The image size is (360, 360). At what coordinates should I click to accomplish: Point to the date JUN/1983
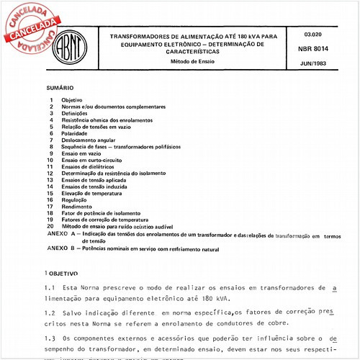315,64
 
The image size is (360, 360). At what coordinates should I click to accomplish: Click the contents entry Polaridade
76,133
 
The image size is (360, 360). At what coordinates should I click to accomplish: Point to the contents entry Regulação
75,200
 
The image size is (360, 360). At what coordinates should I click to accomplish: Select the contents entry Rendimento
76,207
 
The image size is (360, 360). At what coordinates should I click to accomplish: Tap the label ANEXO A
62,235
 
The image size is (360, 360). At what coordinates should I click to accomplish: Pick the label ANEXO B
62,248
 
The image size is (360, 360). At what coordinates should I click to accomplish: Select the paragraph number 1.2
50,315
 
